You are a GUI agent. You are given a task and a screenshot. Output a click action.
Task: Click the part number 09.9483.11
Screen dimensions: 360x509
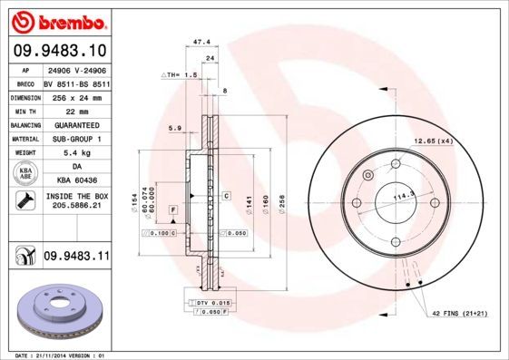click(x=76, y=258)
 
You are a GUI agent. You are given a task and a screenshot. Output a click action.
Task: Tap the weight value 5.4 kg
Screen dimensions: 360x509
click(x=75, y=153)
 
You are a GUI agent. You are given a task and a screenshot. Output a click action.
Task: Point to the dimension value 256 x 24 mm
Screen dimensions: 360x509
click(x=75, y=96)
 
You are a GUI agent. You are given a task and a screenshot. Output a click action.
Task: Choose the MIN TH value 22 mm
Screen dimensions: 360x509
click(x=75, y=110)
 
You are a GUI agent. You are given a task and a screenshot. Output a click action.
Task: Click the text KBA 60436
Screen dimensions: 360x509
click(x=75, y=181)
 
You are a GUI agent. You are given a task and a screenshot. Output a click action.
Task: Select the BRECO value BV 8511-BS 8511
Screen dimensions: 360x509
click(x=75, y=82)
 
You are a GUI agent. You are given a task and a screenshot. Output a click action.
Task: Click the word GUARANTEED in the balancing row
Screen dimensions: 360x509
click(x=75, y=124)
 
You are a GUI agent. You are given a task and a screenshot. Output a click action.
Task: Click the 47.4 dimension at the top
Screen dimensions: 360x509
click(x=202, y=42)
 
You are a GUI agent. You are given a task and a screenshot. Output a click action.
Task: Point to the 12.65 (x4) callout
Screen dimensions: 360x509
click(x=434, y=140)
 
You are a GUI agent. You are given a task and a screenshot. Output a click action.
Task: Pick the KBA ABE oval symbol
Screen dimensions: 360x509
click(x=25, y=174)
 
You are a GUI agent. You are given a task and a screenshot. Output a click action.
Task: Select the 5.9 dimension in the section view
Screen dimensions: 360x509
click(x=175, y=128)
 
